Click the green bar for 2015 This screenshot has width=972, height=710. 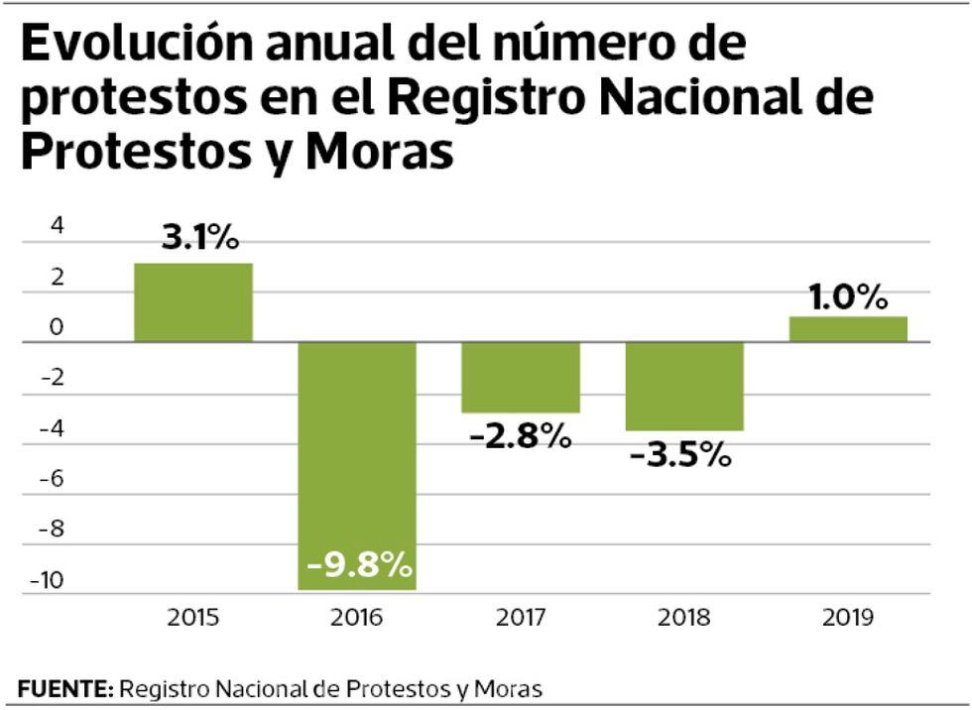click(193, 302)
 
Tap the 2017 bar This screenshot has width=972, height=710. click(520, 377)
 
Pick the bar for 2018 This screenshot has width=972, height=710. click(683, 386)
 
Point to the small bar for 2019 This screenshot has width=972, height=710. click(848, 329)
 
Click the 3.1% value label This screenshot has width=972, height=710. click(201, 239)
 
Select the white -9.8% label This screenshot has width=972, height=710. click(359, 565)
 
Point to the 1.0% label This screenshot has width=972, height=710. click(848, 296)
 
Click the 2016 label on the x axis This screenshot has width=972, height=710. click(358, 618)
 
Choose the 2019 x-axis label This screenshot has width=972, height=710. click(848, 618)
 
